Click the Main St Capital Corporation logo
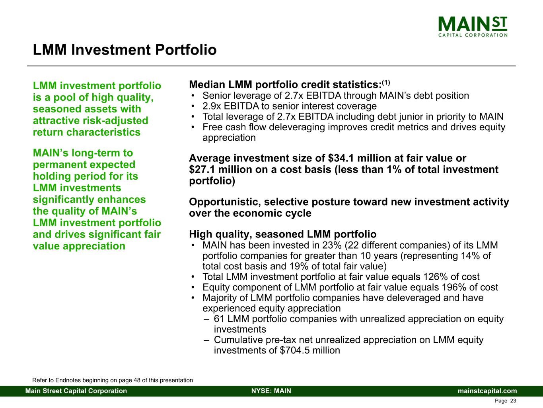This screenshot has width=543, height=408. pyautogui.click(x=473, y=27)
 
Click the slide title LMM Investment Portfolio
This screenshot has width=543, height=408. pyautogui.click(x=125, y=50)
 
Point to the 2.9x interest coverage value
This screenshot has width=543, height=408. pyautogui.click(x=212, y=106)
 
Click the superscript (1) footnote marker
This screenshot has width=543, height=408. pyautogui.click(x=386, y=82)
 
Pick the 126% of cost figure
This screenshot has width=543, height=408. pyautogui.click(x=434, y=277)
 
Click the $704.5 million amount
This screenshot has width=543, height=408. pyautogui.click(x=310, y=350)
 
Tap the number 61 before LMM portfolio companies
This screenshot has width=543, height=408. pyautogui.click(x=219, y=319)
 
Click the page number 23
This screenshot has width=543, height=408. pyautogui.click(x=513, y=401)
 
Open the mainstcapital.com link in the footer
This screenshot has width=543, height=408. pyautogui.click(x=487, y=391)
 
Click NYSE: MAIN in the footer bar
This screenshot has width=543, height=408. pyautogui.click(x=271, y=391)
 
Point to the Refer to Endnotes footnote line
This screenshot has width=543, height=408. pyautogui.click(x=113, y=380)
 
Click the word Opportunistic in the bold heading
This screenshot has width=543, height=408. pyautogui.click(x=225, y=202)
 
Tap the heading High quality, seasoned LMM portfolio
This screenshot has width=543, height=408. pyautogui.click(x=283, y=234)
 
